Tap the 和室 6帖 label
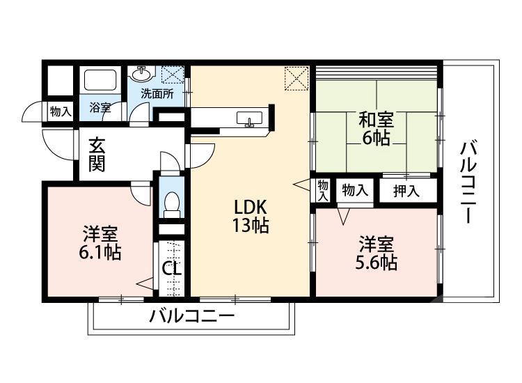tap(376, 127)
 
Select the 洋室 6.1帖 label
tap(100, 242)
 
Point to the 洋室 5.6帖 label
tap(377, 253)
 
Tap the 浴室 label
tap(100, 108)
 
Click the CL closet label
tap(171, 268)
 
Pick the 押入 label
tap(406, 191)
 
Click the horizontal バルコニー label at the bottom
tap(191, 317)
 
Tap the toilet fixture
tap(171, 201)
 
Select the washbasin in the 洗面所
tap(142, 72)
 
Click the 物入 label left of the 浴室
tap(60, 111)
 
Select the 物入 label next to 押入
tap(356, 191)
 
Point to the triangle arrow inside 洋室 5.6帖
tap(343, 216)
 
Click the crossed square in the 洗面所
tap(172, 75)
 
